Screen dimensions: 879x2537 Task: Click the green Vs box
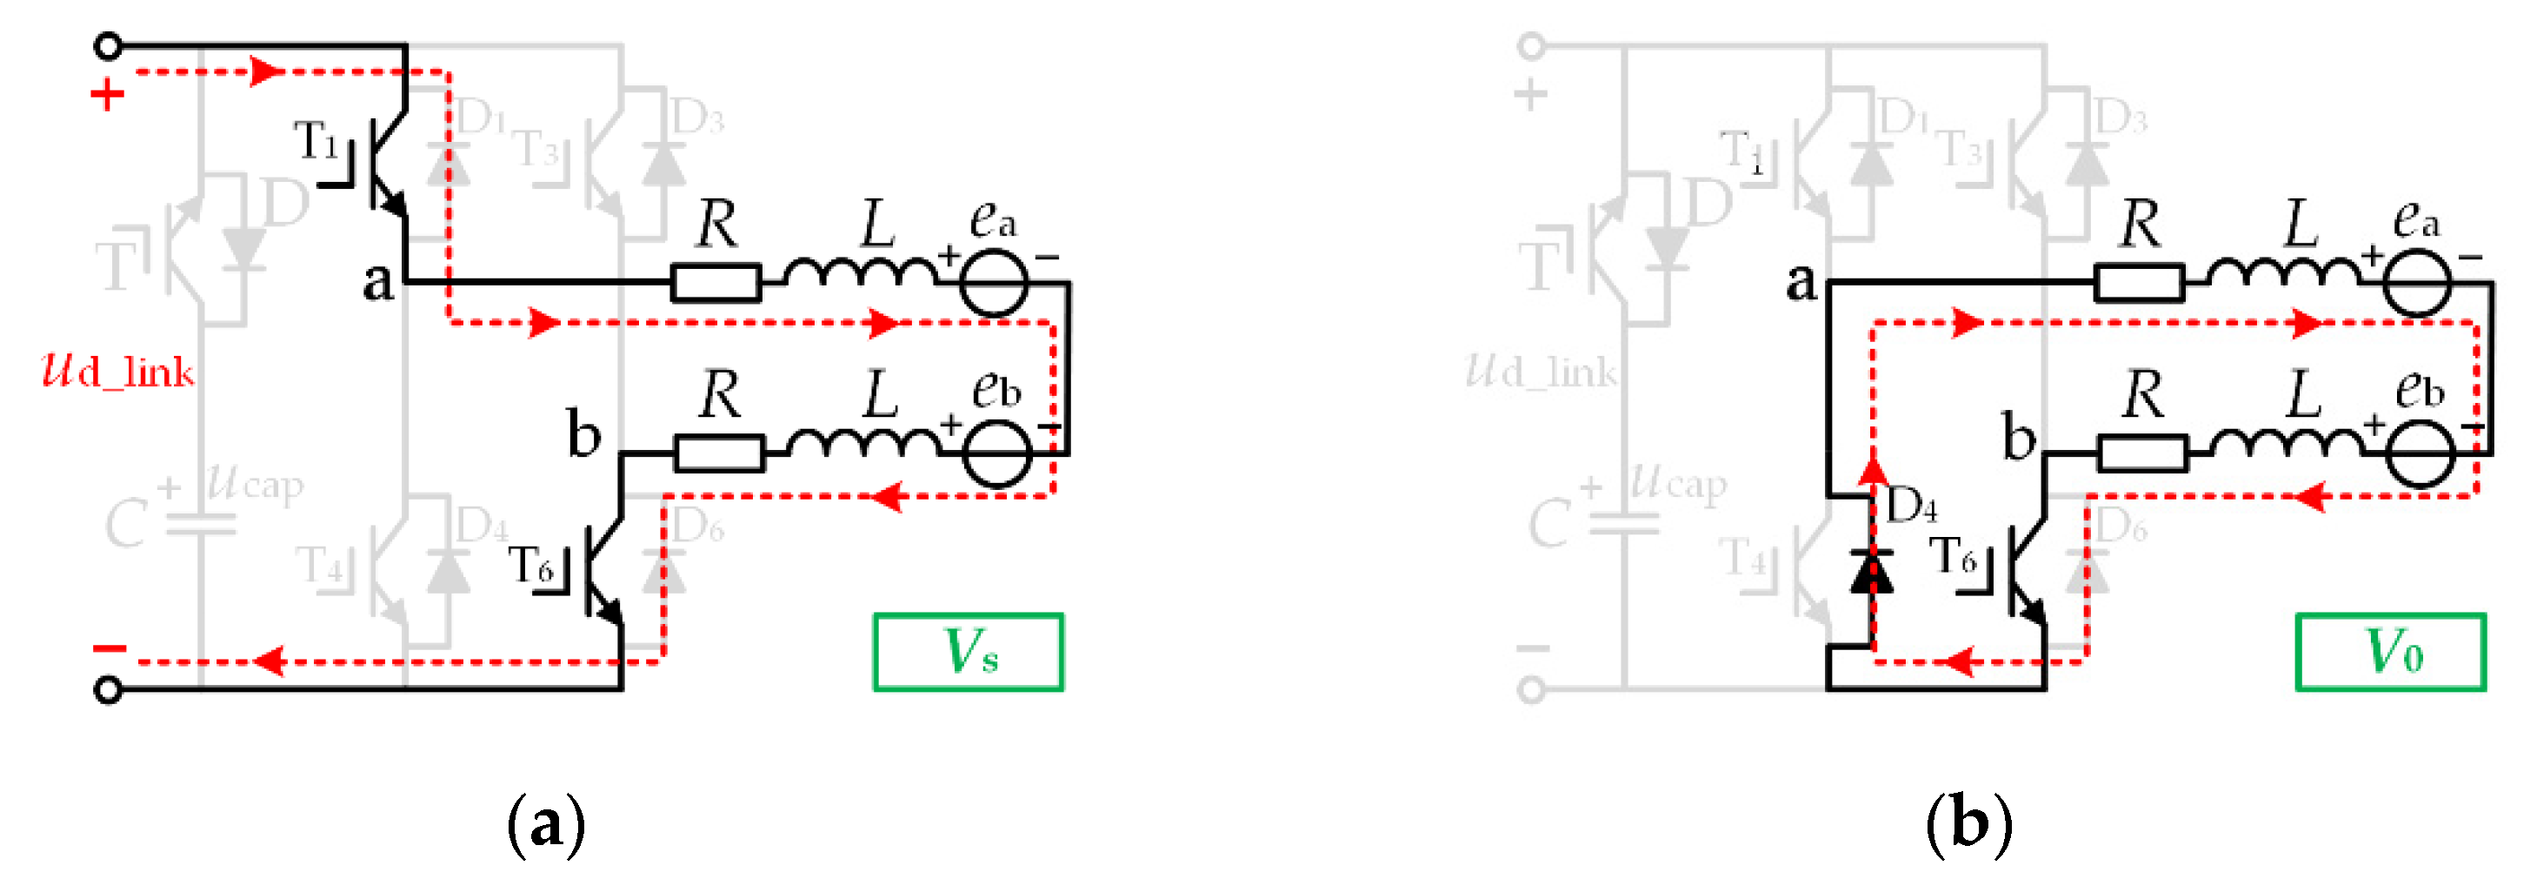coord(969,653)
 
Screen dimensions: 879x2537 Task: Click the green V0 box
coord(2390,653)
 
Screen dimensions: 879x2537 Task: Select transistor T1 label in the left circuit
coord(317,141)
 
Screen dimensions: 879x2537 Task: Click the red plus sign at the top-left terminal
coord(107,96)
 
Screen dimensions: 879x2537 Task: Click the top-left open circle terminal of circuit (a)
coord(109,45)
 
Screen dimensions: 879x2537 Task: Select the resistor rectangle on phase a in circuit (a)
coord(716,283)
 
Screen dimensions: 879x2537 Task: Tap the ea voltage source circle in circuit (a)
coord(995,283)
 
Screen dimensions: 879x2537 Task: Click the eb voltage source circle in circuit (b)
coord(2420,453)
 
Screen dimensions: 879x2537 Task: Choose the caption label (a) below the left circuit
coord(546,824)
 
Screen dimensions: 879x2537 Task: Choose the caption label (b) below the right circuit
coord(1968,824)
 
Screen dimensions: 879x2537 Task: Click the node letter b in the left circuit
coord(583,433)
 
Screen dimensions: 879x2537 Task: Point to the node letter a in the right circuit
coord(1801,282)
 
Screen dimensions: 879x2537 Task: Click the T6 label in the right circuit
coord(1954,558)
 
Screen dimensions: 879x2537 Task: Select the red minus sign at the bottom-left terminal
coord(110,648)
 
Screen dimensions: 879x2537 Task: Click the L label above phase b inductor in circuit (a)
coord(881,393)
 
